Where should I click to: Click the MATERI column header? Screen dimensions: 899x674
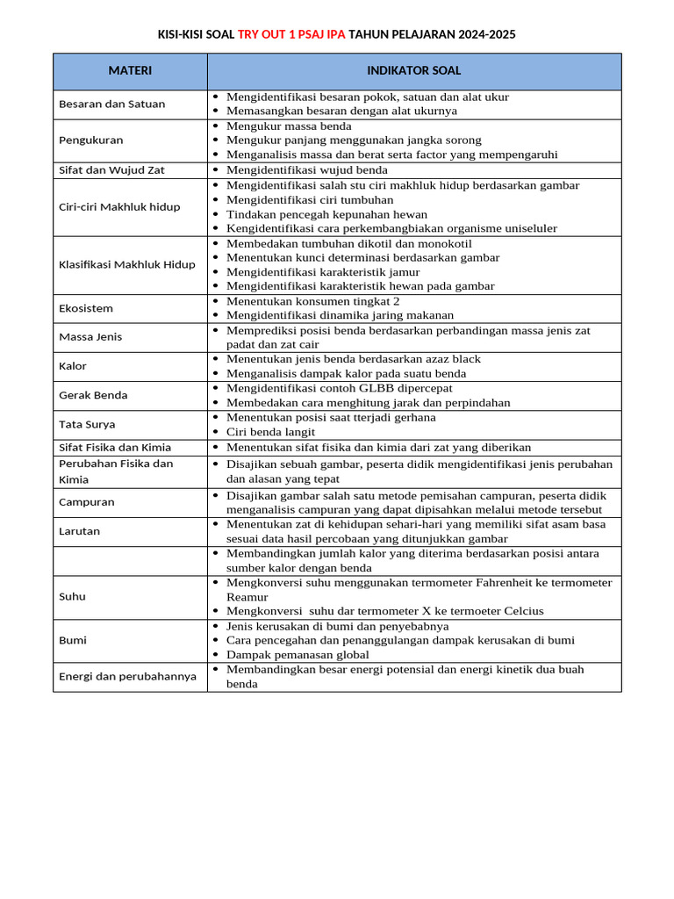[130, 71]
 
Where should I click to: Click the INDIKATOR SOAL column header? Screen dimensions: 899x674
[414, 71]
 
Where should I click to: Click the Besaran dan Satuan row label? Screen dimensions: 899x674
[111, 104]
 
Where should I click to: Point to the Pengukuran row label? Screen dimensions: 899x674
[90, 140]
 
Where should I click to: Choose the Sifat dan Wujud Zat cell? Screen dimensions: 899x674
[111, 170]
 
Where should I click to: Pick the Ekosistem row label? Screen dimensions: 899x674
[86, 308]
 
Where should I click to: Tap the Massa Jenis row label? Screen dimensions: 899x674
[90, 337]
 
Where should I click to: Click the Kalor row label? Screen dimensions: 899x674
[73, 366]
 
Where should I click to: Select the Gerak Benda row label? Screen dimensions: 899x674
[93, 395]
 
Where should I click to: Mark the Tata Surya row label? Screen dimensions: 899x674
[87, 424]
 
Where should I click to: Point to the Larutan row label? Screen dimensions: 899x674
[80, 531]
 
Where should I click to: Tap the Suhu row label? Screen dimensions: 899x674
[72, 596]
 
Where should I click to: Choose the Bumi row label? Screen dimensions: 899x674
[73, 640]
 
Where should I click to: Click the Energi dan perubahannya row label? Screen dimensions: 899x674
[127, 676]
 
